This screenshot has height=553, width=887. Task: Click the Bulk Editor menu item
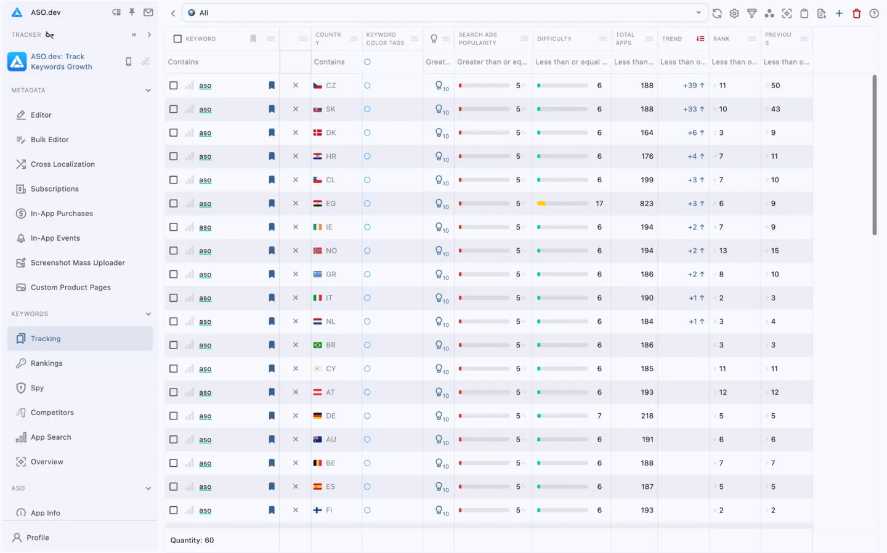point(49,140)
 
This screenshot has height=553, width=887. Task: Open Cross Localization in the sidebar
point(62,164)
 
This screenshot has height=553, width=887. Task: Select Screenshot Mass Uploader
point(78,263)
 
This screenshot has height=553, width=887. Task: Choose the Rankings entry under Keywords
point(46,363)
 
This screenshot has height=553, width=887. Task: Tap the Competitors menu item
point(52,413)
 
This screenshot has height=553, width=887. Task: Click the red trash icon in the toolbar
point(856,13)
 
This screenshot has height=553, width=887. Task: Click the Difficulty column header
point(554,39)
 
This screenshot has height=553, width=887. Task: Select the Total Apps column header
point(625,39)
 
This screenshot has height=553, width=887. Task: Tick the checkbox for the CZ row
point(174,86)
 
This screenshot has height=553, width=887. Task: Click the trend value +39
point(690,86)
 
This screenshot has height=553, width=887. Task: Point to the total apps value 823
point(646,203)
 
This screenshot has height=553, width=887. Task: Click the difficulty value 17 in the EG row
point(599,203)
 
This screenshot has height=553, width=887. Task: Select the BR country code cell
point(331,345)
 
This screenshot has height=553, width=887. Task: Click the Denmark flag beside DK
point(318,133)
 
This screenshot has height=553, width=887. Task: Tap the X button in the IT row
point(296,298)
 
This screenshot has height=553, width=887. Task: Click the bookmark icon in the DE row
point(272,416)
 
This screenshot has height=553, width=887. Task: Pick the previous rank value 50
point(775,86)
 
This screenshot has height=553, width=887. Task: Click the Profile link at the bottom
point(38,538)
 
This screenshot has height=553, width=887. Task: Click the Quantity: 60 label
point(192,540)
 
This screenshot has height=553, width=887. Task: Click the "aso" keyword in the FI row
point(205,511)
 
